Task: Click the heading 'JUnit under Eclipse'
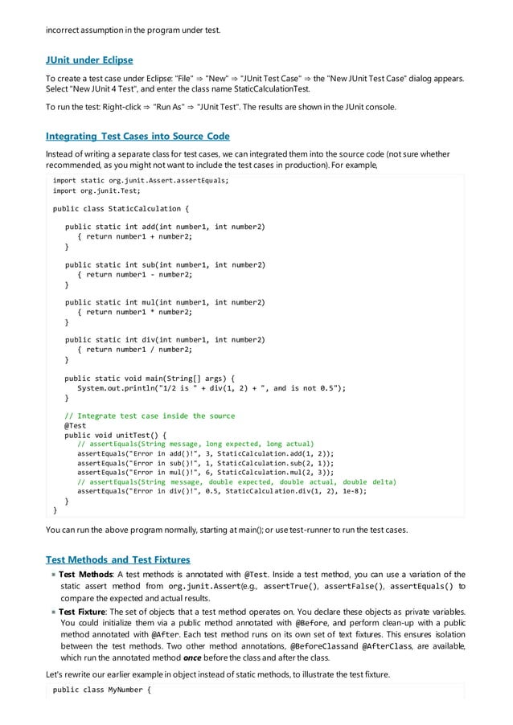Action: pos(89,60)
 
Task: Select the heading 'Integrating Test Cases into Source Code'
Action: pos(137,136)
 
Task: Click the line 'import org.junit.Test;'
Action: pos(96,191)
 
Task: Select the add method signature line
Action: pos(165,227)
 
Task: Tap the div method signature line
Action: pos(165,339)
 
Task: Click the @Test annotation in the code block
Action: pos(75,425)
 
